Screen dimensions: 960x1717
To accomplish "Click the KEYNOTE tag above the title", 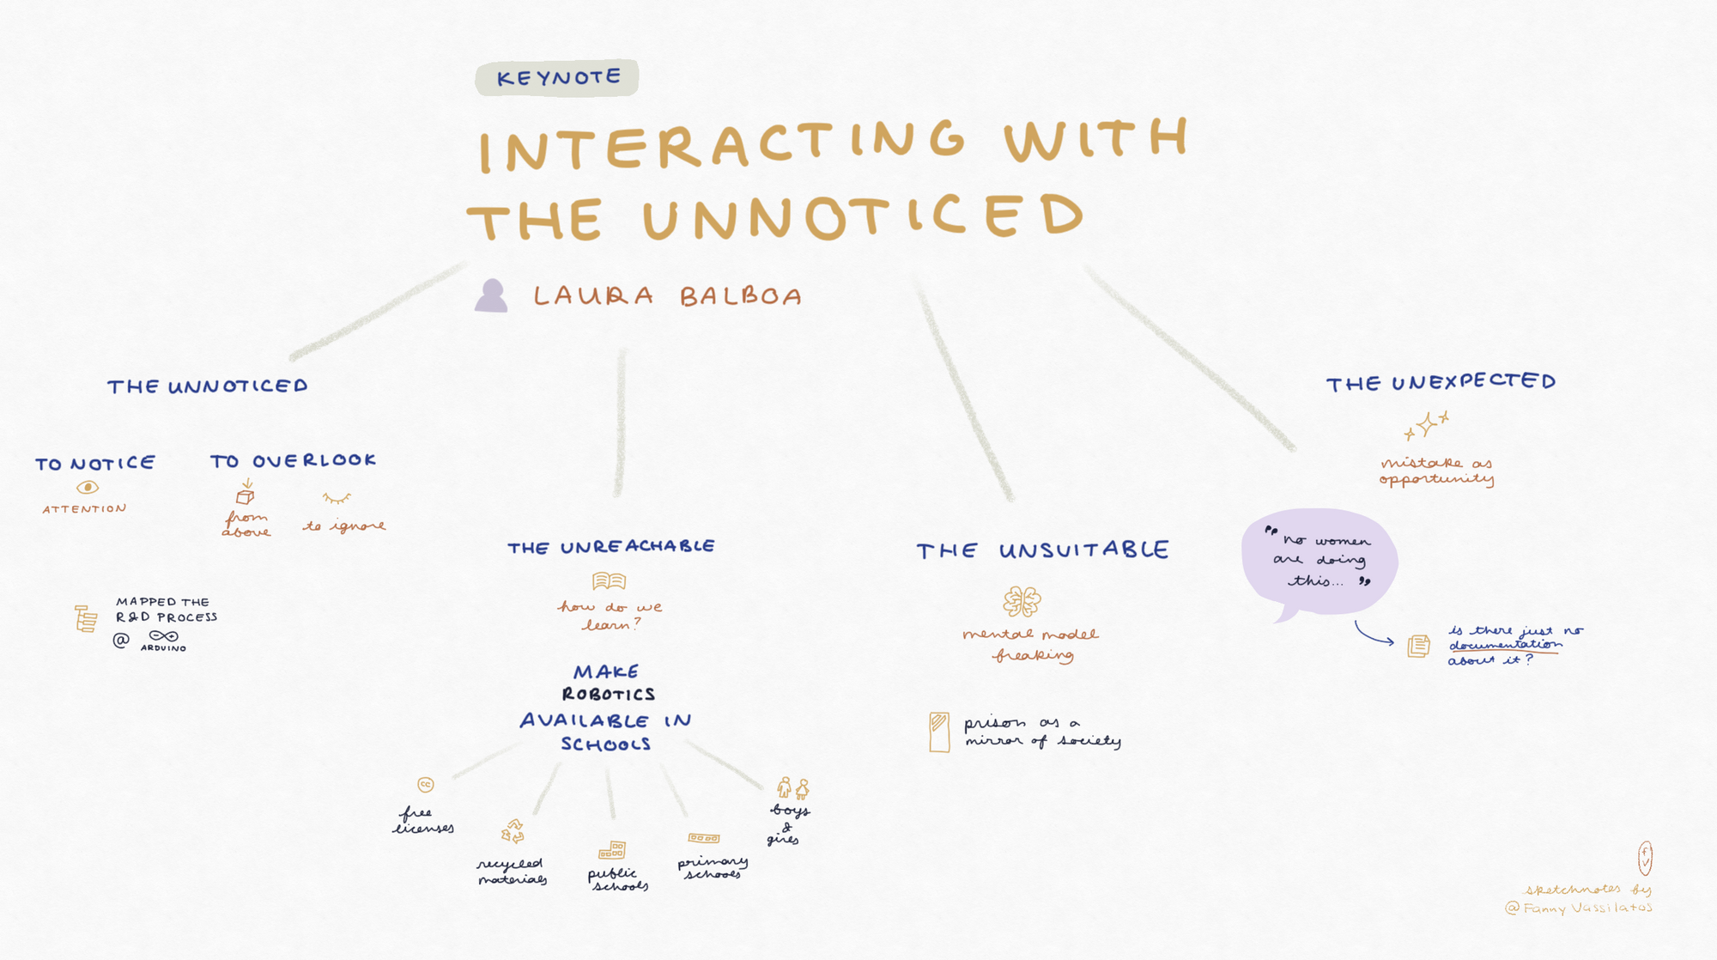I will pos(557,78).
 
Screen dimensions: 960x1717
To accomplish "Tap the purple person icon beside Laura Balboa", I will pos(491,296).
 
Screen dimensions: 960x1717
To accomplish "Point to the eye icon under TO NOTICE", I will pos(87,487).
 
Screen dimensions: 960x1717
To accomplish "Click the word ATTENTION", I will pos(84,509).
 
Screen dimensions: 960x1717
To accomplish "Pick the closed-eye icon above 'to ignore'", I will pos(337,498).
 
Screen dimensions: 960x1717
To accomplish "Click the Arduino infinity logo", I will pos(163,636).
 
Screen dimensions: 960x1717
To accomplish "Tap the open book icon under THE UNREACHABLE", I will pos(609,581).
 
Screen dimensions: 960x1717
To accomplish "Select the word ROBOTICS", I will pos(609,694).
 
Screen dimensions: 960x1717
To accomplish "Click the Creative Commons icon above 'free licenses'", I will pos(425,784).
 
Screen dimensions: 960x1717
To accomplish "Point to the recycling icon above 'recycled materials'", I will pos(513,831).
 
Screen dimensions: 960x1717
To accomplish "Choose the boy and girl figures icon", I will pos(792,787).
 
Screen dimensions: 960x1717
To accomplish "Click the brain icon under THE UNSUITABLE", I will pos(1022,602).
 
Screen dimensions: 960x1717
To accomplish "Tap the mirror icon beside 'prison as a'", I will pos(939,732).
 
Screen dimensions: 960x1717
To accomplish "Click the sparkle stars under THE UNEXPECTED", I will pos(1427,425).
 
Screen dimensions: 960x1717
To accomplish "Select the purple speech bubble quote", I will pos(1320,562).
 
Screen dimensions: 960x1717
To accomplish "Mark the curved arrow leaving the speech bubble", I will pos(1373,634).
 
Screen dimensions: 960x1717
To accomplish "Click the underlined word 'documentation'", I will pos(1505,645).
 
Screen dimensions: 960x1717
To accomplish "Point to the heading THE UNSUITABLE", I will pos(1042,550).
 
